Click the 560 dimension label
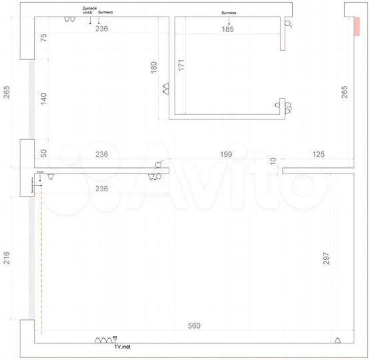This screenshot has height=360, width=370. [194, 326]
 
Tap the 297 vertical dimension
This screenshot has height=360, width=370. [326, 259]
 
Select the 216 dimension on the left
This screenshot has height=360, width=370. [7, 259]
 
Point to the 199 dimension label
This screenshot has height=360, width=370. [226, 155]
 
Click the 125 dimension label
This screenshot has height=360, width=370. [317, 155]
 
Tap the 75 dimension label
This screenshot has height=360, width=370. [44, 38]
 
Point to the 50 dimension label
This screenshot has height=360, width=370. [44, 153]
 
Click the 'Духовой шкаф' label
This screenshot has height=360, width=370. [89, 11]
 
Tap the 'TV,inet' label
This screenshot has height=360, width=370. [122, 347]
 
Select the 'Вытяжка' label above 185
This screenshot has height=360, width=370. [229, 12]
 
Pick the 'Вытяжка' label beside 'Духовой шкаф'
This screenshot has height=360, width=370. [105, 12]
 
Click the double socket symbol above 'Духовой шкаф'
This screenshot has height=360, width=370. [69, 20]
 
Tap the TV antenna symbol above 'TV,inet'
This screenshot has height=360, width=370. [114, 339]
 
